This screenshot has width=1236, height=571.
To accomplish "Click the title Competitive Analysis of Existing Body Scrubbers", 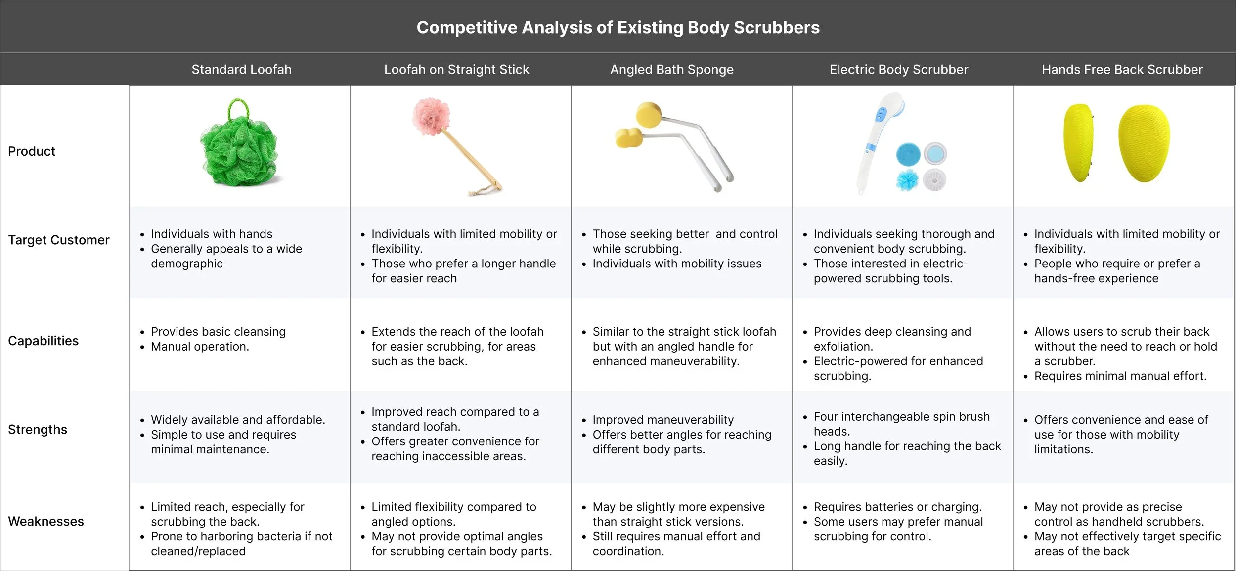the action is [618, 27].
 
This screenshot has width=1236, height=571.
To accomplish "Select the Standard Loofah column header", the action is [241, 70].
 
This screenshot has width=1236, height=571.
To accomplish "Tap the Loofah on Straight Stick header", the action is [456, 70].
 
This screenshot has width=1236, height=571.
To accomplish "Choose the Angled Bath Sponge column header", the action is [671, 70].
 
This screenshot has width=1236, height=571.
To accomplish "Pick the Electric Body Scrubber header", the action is [898, 70].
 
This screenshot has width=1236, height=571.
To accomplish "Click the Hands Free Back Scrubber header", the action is [1122, 70].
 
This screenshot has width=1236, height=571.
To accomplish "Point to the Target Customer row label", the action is [58, 240].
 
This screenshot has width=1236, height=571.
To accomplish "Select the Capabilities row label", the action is [43, 341].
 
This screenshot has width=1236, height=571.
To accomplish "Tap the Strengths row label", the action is [38, 430].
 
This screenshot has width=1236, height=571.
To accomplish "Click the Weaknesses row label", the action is [45, 521].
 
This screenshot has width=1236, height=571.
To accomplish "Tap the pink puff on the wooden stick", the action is [431, 117].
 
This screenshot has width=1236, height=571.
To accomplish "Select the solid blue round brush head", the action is [908, 155].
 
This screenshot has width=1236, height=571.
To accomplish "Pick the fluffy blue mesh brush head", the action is [907, 180].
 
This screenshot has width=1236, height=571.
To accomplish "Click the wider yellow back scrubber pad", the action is [1144, 143].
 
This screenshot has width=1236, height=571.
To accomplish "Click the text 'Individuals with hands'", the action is [211, 234].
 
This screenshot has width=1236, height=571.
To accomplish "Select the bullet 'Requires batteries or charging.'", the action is [897, 507].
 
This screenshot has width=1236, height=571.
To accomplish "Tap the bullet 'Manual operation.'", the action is [200, 347].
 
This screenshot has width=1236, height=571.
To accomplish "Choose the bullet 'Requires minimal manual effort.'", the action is [1120, 376].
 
